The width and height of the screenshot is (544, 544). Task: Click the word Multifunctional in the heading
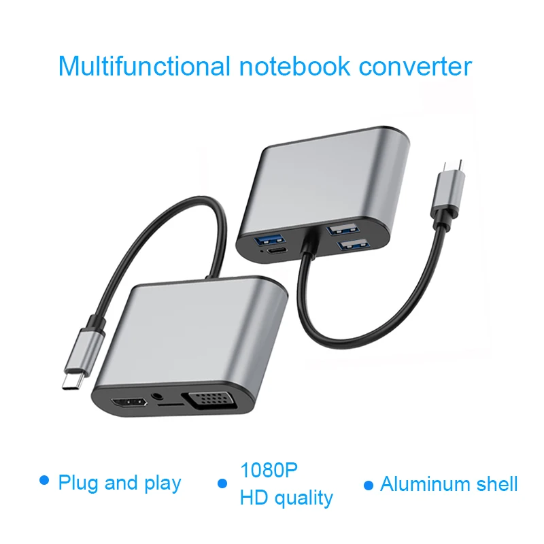pyautogui.click(x=144, y=67)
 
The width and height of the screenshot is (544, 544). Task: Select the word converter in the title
pyautogui.click(x=414, y=67)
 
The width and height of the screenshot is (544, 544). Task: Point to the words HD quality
pyautogui.click(x=286, y=497)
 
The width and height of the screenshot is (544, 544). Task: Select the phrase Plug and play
pyautogui.click(x=120, y=483)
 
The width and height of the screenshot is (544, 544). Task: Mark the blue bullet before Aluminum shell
pyautogui.click(x=368, y=485)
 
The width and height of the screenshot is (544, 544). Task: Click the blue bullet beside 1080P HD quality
pyautogui.click(x=222, y=484)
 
